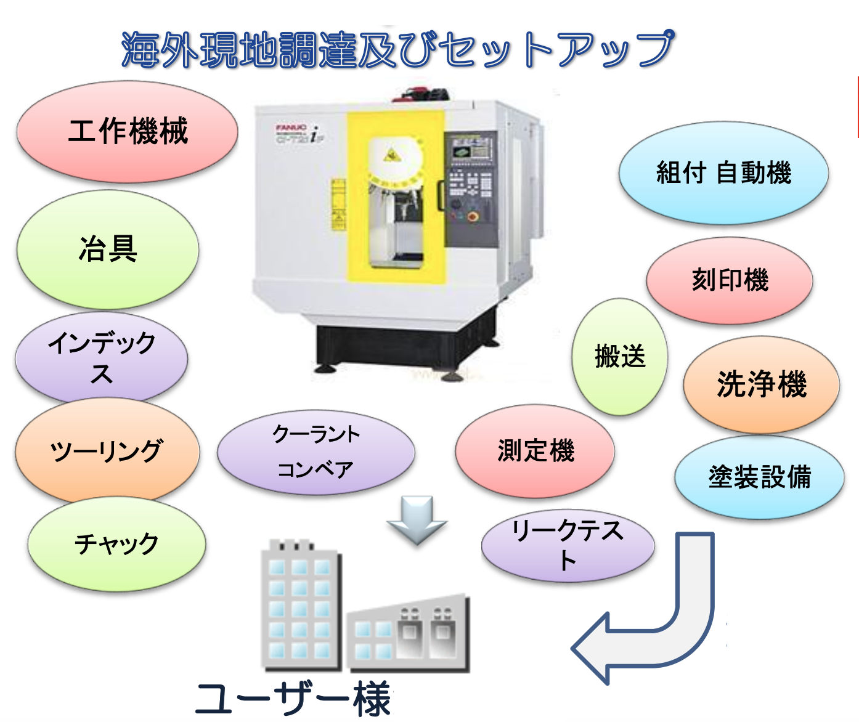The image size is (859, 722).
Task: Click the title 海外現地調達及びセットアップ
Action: pos(397,49)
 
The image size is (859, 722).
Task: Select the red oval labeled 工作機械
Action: pos(128,131)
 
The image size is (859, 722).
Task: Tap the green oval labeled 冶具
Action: pos(108,249)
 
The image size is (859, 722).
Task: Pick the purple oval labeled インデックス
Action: pos(102,357)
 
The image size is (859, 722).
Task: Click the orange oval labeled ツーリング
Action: pos(107,451)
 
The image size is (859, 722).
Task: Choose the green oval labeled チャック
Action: pos(116,544)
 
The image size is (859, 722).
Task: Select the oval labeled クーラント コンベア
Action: pos(316,453)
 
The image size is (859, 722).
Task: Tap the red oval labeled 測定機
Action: pos(535,451)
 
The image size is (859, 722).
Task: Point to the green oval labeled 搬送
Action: pos(620,357)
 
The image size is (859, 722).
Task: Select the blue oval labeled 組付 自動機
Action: pos(723,172)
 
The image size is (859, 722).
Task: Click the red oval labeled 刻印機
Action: pos(730,280)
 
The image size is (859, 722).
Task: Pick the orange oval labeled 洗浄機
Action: pos(762,384)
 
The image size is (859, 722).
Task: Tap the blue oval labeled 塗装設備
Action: pos(759,477)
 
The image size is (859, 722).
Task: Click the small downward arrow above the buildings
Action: pos(417,519)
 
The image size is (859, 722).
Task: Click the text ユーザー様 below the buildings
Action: pos(293,699)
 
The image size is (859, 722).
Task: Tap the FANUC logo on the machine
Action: pos(291,127)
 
